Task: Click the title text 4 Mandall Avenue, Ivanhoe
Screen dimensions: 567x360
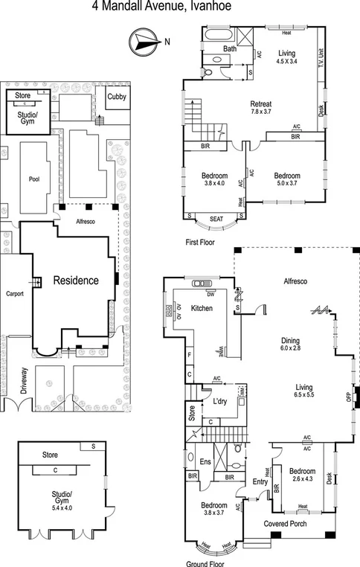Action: tap(179, 7)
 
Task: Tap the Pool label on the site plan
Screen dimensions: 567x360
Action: tap(33, 179)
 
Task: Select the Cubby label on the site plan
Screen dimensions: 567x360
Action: tap(116, 97)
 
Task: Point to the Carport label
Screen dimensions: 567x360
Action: tap(16, 293)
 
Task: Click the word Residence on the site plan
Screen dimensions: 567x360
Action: tap(75, 281)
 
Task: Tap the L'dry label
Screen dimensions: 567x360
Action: tap(219, 402)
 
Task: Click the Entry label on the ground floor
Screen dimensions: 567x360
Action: tap(260, 482)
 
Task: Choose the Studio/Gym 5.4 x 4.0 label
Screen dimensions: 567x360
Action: tap(61, 499)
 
